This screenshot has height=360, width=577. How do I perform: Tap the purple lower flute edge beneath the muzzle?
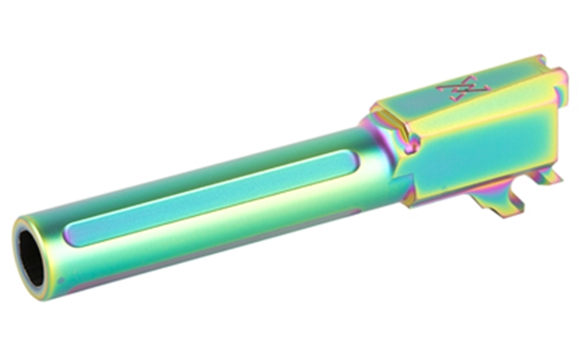[x=74, y=278]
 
